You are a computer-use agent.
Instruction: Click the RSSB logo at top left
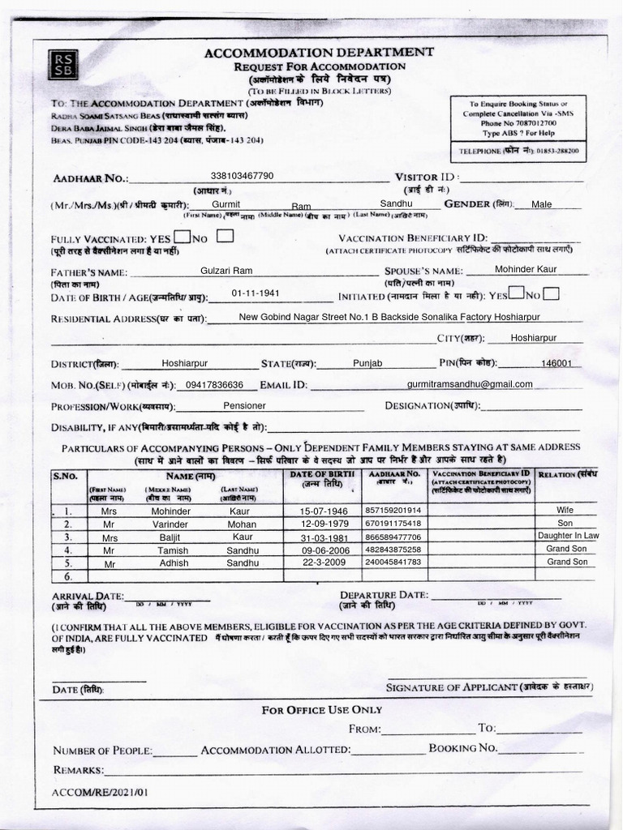coord(61,65)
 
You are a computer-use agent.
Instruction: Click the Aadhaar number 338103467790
coord(242,175)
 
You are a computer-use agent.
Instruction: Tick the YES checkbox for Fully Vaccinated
coord(183,237)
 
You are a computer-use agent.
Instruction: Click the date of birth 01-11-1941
coord(255,293)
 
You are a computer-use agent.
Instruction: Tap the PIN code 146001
coord(556,364)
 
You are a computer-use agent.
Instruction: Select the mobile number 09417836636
coord(214,385)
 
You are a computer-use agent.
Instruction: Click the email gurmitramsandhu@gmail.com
coord(470,384)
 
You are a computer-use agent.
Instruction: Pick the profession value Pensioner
coord(244,406)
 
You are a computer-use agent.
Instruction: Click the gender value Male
coord(541,204)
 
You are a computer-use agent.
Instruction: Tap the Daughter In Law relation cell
coord(568,537)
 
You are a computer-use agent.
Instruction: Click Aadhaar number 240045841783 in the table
coord(393,563)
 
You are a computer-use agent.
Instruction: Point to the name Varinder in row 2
coord(174,524)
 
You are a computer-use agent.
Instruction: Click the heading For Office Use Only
coord(321,710)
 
